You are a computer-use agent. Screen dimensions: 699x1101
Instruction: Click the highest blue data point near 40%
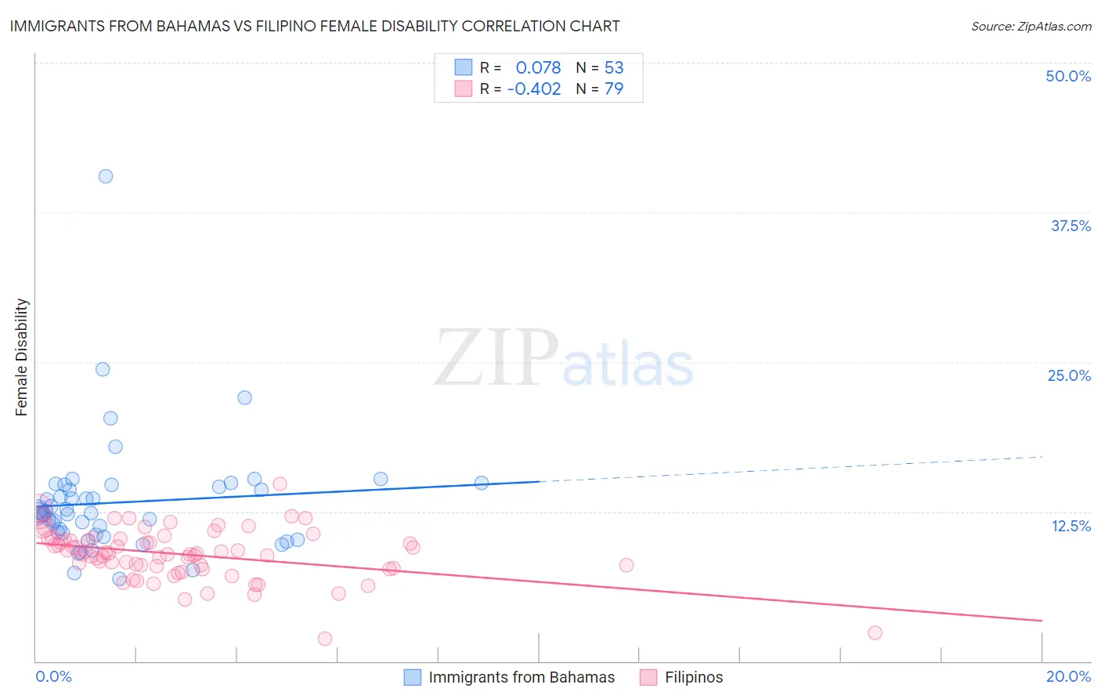point(106,176)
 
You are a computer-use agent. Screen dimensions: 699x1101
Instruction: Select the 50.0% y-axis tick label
point(1068,76)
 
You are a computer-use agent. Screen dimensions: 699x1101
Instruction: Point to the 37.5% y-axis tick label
point(1070,226)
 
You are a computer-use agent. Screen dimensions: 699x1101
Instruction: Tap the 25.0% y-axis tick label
point(1069,375)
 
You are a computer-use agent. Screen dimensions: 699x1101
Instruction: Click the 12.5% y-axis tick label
point(1070,526)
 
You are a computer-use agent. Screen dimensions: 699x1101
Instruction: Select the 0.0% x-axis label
point(53,676)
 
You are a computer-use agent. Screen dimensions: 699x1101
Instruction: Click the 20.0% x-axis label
point(1068,676)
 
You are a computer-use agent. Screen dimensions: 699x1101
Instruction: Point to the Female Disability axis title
point(22,357)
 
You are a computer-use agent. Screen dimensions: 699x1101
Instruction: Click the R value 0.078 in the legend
point(538,68)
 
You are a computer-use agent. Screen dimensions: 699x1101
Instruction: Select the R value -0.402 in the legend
point(534,89)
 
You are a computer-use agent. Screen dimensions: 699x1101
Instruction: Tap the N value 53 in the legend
point(614,68)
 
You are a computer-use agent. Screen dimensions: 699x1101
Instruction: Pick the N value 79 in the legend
point(614,89)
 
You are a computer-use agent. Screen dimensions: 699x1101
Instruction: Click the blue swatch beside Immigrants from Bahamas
point(413,677)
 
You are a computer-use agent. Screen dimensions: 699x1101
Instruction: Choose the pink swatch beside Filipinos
point(648,677)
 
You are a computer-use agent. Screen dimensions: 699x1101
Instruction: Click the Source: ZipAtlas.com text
point(1031,27)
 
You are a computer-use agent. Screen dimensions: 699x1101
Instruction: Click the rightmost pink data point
point(875,633)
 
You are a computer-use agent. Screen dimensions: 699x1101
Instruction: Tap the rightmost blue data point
point(482,483)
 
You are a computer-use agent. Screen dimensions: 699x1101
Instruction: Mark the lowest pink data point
point(325,639)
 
